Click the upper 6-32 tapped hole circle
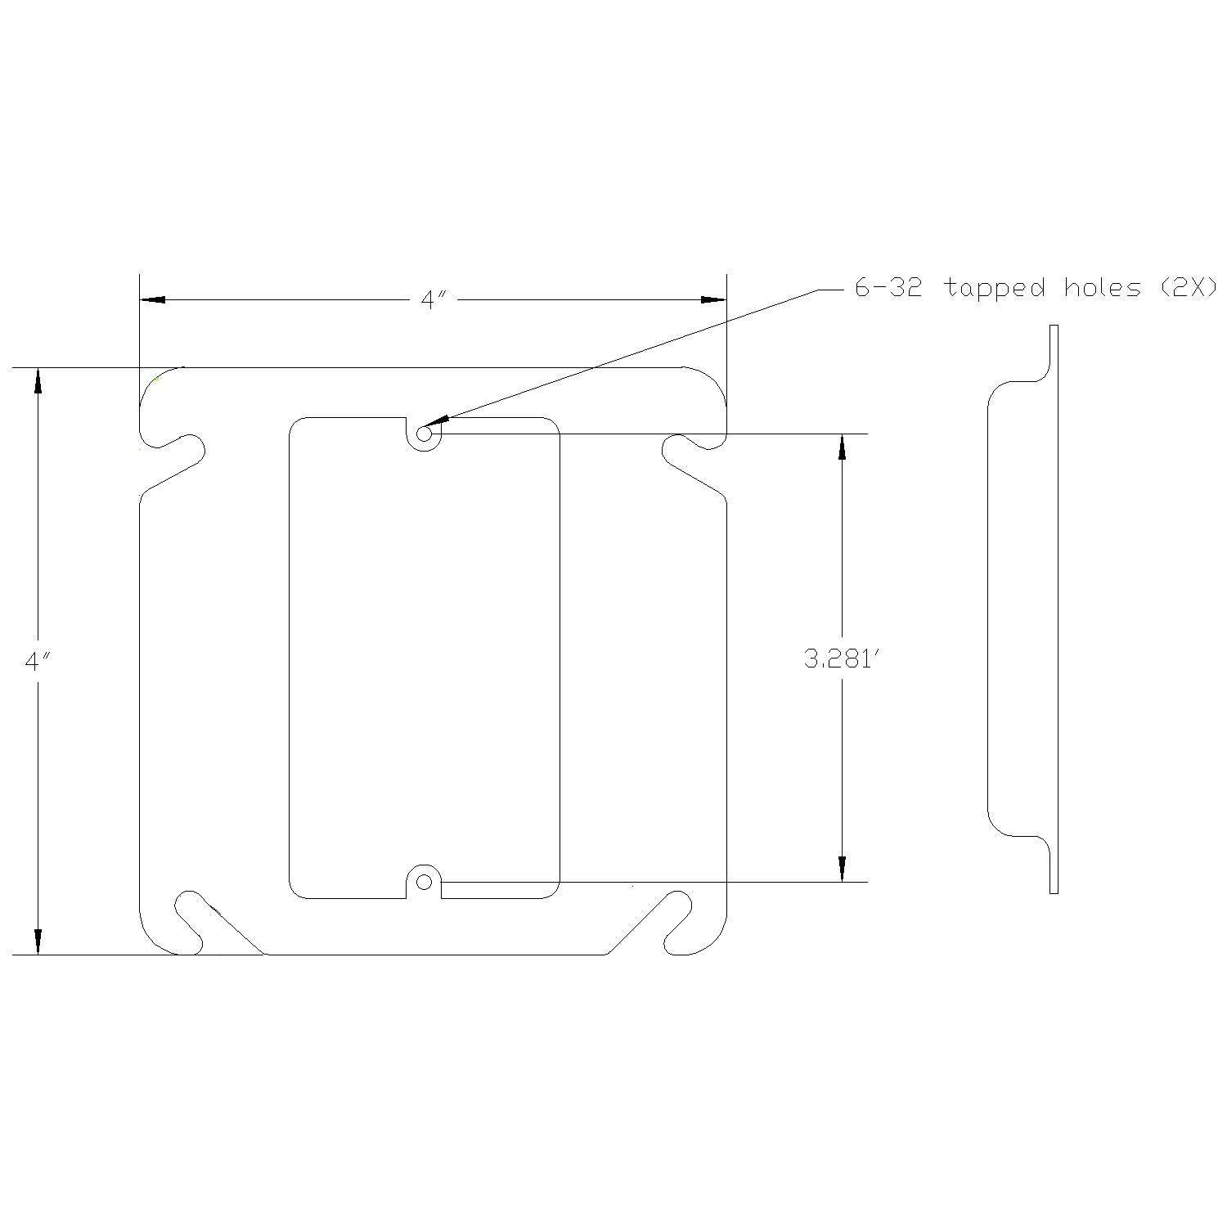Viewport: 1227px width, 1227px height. click(424, 434)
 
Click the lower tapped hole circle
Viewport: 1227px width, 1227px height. click(424, 882)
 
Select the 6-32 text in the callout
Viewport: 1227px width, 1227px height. click(888, 289)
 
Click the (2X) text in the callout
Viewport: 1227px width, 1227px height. click(1189, 289)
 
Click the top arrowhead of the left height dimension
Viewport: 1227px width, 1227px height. click(38, 381)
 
